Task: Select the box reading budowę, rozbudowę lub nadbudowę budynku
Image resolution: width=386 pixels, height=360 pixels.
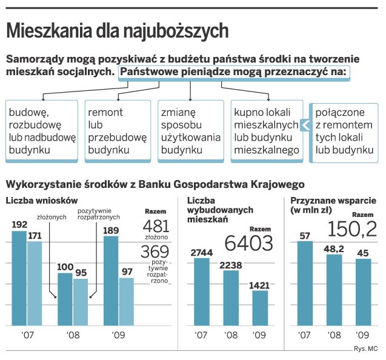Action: tap(42, 131)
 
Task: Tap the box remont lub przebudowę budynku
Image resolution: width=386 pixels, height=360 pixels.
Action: tap(117, 131)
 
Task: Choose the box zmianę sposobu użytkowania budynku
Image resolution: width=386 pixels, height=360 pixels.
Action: tap(190, 131)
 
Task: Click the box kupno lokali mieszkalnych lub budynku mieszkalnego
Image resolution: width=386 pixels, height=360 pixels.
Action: tap(266, 131)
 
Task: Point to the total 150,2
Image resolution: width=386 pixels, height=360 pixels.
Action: tap(352, 228)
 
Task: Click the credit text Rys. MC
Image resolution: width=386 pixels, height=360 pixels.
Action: tap(365, 348)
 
